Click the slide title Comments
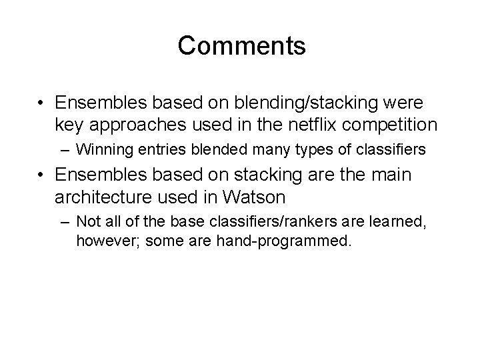click(242, 46)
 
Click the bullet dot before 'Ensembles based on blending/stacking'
click(42, 103)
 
